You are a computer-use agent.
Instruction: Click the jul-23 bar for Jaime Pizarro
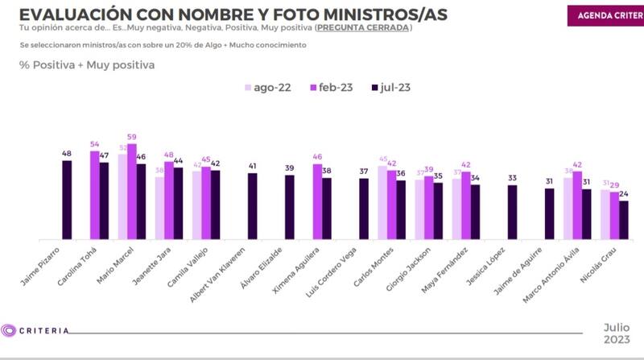67,200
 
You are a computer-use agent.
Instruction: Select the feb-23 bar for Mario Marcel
131,192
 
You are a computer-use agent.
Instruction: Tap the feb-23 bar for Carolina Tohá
94,195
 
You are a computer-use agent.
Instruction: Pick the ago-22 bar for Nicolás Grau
605,214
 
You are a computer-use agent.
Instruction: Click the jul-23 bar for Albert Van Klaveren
252,205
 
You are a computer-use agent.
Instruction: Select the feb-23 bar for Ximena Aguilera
317,201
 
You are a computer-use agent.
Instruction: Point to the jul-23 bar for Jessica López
512,212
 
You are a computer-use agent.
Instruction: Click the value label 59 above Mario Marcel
132,138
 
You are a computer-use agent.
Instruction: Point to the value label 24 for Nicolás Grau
624,195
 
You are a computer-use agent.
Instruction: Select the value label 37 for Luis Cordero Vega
364,172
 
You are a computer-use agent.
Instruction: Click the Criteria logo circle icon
9,329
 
